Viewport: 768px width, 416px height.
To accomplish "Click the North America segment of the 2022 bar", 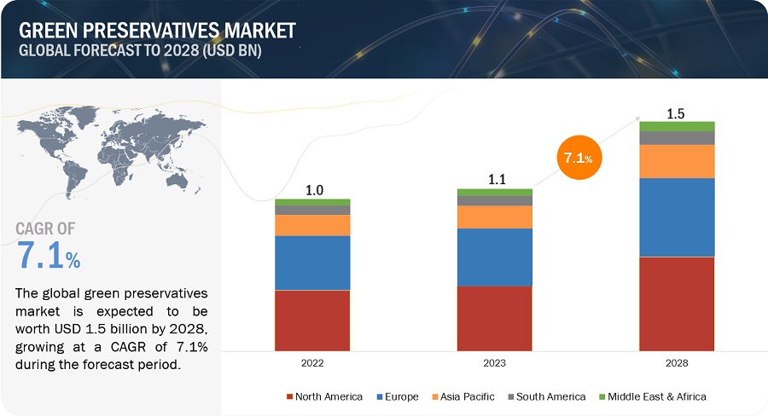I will (x=312, y=320).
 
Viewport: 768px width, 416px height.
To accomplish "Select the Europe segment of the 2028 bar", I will (x=677, y=217).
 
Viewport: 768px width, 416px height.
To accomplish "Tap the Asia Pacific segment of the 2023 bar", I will (x=495, y=217).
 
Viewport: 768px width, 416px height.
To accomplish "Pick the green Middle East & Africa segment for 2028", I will (x=677, y=126).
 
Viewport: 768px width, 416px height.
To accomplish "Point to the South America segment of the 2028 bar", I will (x=677, y=138).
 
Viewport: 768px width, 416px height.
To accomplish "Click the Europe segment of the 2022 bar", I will (x=312, y=263).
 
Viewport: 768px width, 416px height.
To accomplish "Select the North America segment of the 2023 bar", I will (x=495, y=318).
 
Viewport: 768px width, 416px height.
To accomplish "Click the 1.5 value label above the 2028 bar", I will (x=677, y=113).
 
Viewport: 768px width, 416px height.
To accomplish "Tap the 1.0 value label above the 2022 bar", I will (x=312, y=191).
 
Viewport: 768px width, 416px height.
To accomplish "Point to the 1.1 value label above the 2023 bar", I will (x=495, y=181).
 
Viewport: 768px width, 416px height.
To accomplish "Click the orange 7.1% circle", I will (x=579, y=158).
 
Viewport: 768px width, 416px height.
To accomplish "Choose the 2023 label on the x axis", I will (x=495, y=362).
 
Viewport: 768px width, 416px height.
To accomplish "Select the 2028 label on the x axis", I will (x=677, y=362).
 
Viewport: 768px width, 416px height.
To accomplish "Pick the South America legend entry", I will (x=548, y=396).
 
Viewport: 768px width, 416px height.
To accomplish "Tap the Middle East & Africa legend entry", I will (x=655, y=396).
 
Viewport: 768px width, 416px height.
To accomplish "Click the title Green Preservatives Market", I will (x=157, y=30).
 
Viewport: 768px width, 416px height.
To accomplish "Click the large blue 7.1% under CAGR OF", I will (x=49, y=254).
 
